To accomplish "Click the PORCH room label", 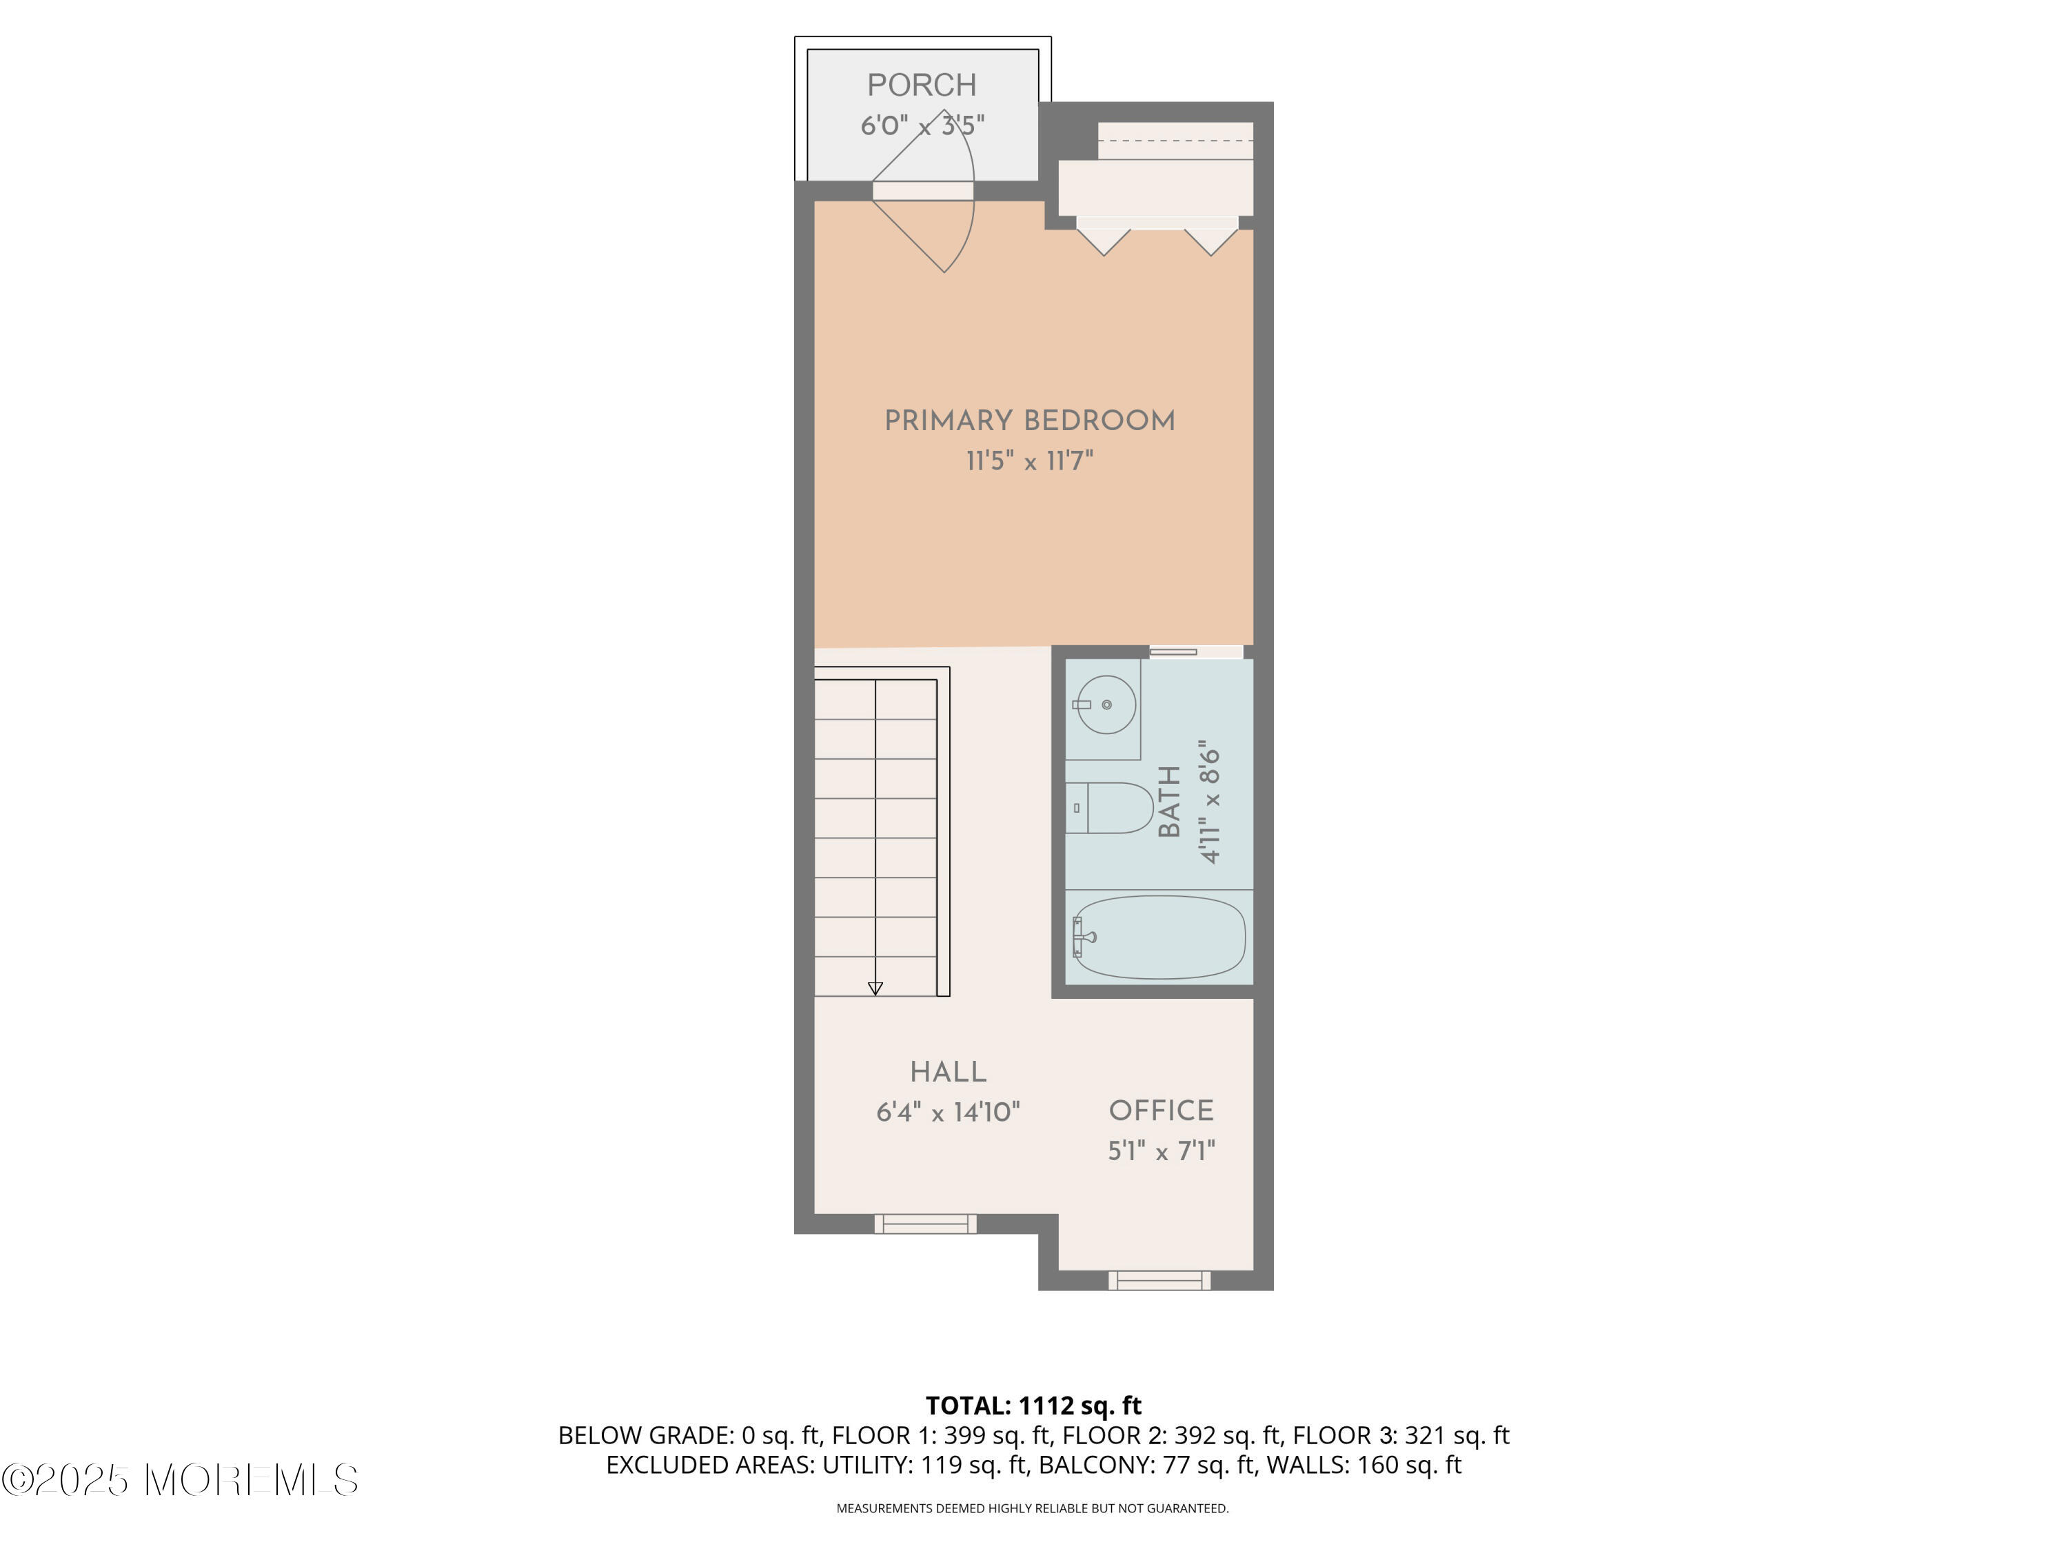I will (921, 85).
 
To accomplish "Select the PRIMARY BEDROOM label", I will (1029, 420).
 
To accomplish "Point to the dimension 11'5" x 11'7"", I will (1029, 461).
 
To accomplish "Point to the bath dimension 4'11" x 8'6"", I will (1210, 801).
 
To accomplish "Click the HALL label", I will (948, 1071).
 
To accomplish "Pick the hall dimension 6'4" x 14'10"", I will (948, 1112).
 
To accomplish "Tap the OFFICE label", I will (1161, 1111).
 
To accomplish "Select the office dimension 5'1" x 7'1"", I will (1161, 1151).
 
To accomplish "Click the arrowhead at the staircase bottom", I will (875, 989).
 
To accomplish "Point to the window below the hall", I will (926, 1223).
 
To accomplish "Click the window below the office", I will (1159, 1280).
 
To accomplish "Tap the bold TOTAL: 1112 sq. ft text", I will (1033, 1405).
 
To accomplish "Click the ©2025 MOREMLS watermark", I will (179, 1480).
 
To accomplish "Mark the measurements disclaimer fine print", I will (1032, 1508).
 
